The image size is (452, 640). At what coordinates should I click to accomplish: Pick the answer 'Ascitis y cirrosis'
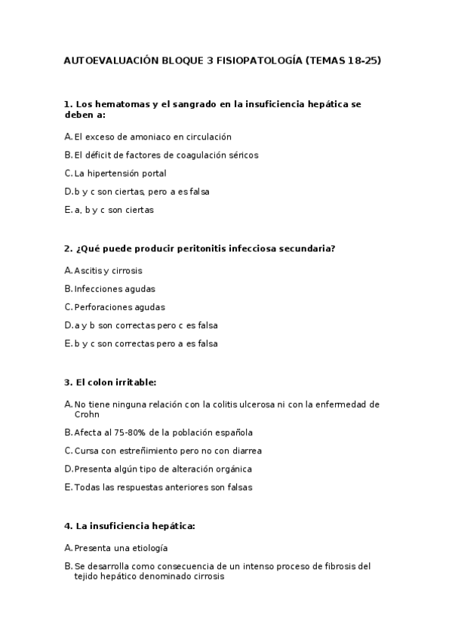pos(108,270)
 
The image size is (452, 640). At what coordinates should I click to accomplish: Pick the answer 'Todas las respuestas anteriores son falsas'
pos(163,488)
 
